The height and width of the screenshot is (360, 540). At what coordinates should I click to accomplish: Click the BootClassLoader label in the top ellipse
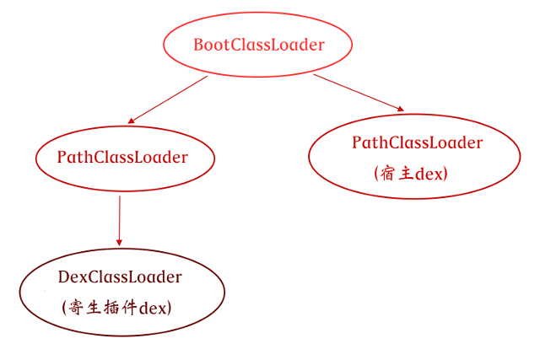click(x=258, y=46)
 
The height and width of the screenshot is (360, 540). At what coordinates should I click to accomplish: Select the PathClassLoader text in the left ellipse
click(x=122, y=157)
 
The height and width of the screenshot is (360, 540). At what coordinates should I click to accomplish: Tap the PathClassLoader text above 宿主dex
click(x=417, y=142)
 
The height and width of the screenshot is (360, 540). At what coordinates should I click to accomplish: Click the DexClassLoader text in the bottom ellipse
click(x=120, y=277)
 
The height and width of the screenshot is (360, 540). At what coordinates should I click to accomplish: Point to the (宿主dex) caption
click(x=410, y=173)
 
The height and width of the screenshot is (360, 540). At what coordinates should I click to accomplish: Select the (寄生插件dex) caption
click(x=116, y=307)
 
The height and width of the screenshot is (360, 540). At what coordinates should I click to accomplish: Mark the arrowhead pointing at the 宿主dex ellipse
click(x=401, y=109)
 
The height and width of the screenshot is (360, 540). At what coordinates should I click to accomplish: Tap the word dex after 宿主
click(x=428, y=173)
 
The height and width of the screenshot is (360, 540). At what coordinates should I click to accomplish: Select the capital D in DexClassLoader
click(x=63, y=277)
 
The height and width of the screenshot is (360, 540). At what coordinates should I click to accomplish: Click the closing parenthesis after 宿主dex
click(x=445, y=173)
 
